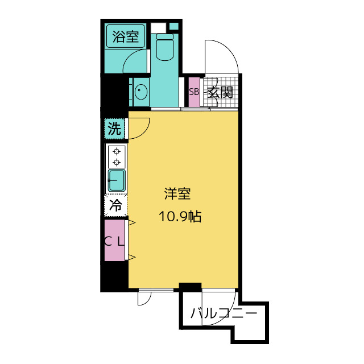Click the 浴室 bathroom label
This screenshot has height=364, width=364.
(x=125, y=38)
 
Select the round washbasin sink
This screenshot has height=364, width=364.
(x=139, y=90)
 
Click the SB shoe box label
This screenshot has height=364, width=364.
(x=193, y=92)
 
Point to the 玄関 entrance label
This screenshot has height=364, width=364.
(x=220, y=92)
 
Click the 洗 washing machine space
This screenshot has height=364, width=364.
(x=115, y=129)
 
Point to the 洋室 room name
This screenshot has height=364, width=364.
(x=177, y=194)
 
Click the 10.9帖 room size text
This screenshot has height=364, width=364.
(x=181, y=217)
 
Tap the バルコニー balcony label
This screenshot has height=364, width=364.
(x=224, y=313)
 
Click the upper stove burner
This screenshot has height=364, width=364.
(x=117, y=151)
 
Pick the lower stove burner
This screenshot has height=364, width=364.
(x=117, y=162)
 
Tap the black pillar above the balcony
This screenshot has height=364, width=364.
(x=190, y=287)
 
